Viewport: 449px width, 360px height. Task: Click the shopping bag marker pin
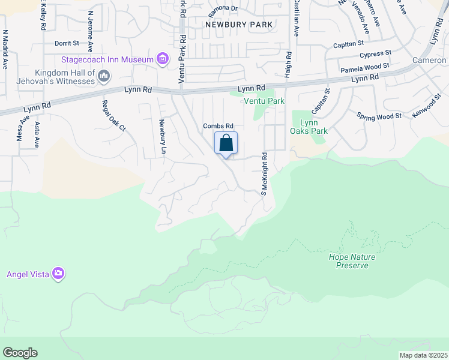226,145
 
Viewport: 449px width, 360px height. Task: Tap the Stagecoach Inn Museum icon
162,59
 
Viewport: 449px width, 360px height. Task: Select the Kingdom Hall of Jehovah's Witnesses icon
104,76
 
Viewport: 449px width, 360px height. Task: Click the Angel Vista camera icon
58,274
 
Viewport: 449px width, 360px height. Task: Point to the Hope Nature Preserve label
352,261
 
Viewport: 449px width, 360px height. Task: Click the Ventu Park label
263,101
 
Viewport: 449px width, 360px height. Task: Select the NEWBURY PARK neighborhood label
239,25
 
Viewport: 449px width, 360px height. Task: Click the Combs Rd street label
217,125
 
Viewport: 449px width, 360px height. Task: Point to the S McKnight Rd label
263,173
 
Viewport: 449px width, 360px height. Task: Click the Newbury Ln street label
161,137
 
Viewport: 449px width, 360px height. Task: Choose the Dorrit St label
67,43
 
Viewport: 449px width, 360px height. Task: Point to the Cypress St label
375,54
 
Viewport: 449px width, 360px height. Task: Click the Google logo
20,353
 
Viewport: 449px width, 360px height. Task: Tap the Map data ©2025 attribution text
423,355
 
